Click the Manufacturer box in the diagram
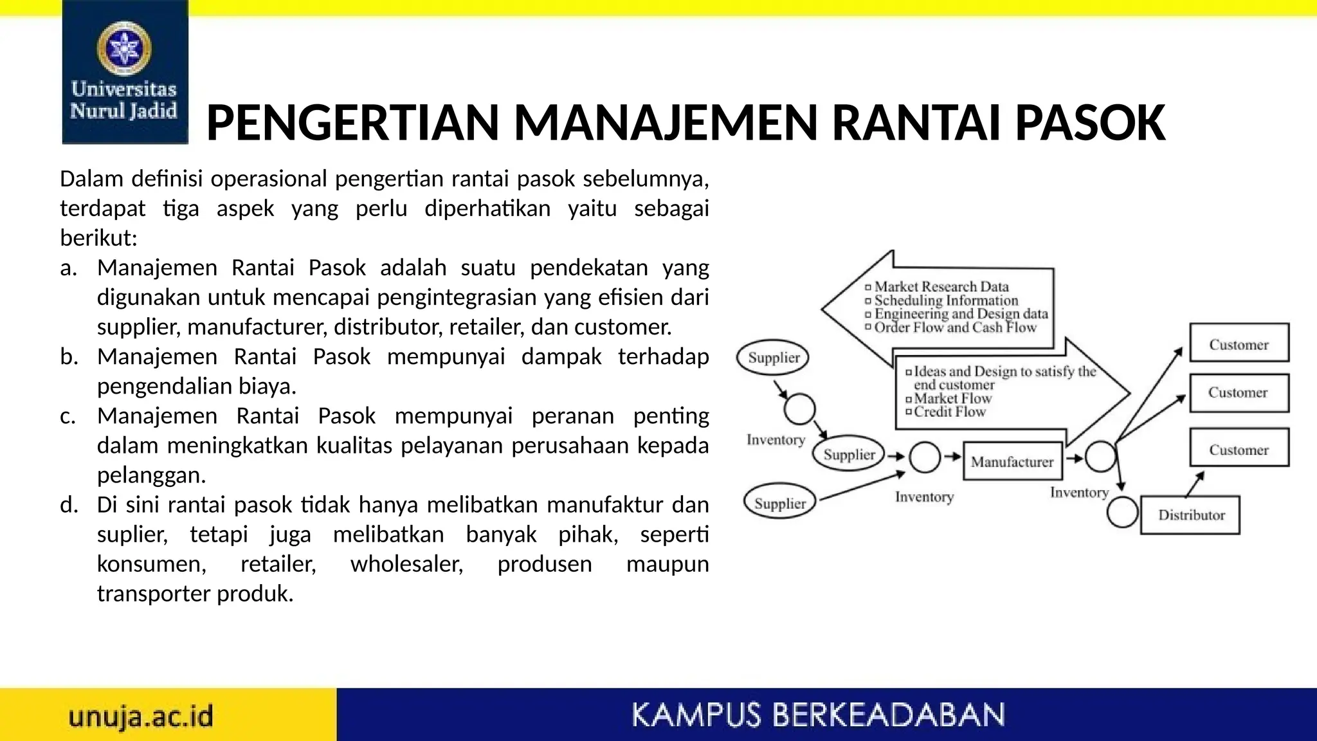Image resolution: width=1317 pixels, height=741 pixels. tap(1012, 461)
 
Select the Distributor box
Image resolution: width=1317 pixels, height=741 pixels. tap(1190, 515)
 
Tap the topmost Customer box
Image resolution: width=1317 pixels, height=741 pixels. tap(1239, 343)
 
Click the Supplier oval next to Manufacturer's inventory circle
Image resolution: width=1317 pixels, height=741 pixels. tap(849, 454)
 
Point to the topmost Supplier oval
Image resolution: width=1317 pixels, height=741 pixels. tap(774, 357)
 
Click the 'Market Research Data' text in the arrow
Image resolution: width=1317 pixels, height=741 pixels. tap(941, 286)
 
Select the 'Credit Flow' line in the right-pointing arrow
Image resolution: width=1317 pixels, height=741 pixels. tap(949, 412)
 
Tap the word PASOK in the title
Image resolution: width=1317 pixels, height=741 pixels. tap(1090, 123)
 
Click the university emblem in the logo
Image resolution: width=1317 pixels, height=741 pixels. tap(124, 48)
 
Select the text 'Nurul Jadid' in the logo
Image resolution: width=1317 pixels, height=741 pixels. tap(123, 111)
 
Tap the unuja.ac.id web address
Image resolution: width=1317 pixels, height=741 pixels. tap(141, 716)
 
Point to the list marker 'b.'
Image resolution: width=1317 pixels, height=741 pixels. tap(69, 356)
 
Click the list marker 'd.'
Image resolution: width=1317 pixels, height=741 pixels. tap(69, 504)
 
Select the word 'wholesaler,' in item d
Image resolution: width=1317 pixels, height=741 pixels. tap(406, 564)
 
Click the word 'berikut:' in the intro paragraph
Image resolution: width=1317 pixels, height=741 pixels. tap(98, 238)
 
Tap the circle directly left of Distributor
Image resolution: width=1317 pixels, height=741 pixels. tap(1123, 513)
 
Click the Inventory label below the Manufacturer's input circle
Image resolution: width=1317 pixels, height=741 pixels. tap(924, 497)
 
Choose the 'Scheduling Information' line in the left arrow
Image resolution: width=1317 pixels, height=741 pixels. tap(946, 300)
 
